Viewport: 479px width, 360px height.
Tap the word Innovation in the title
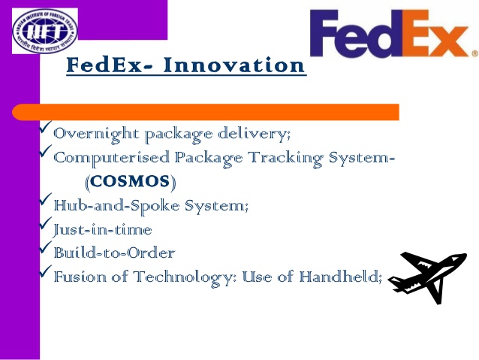tap(234, 65)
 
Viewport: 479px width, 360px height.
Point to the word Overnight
tap(96, 135)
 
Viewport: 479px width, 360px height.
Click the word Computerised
tap(112, 158)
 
